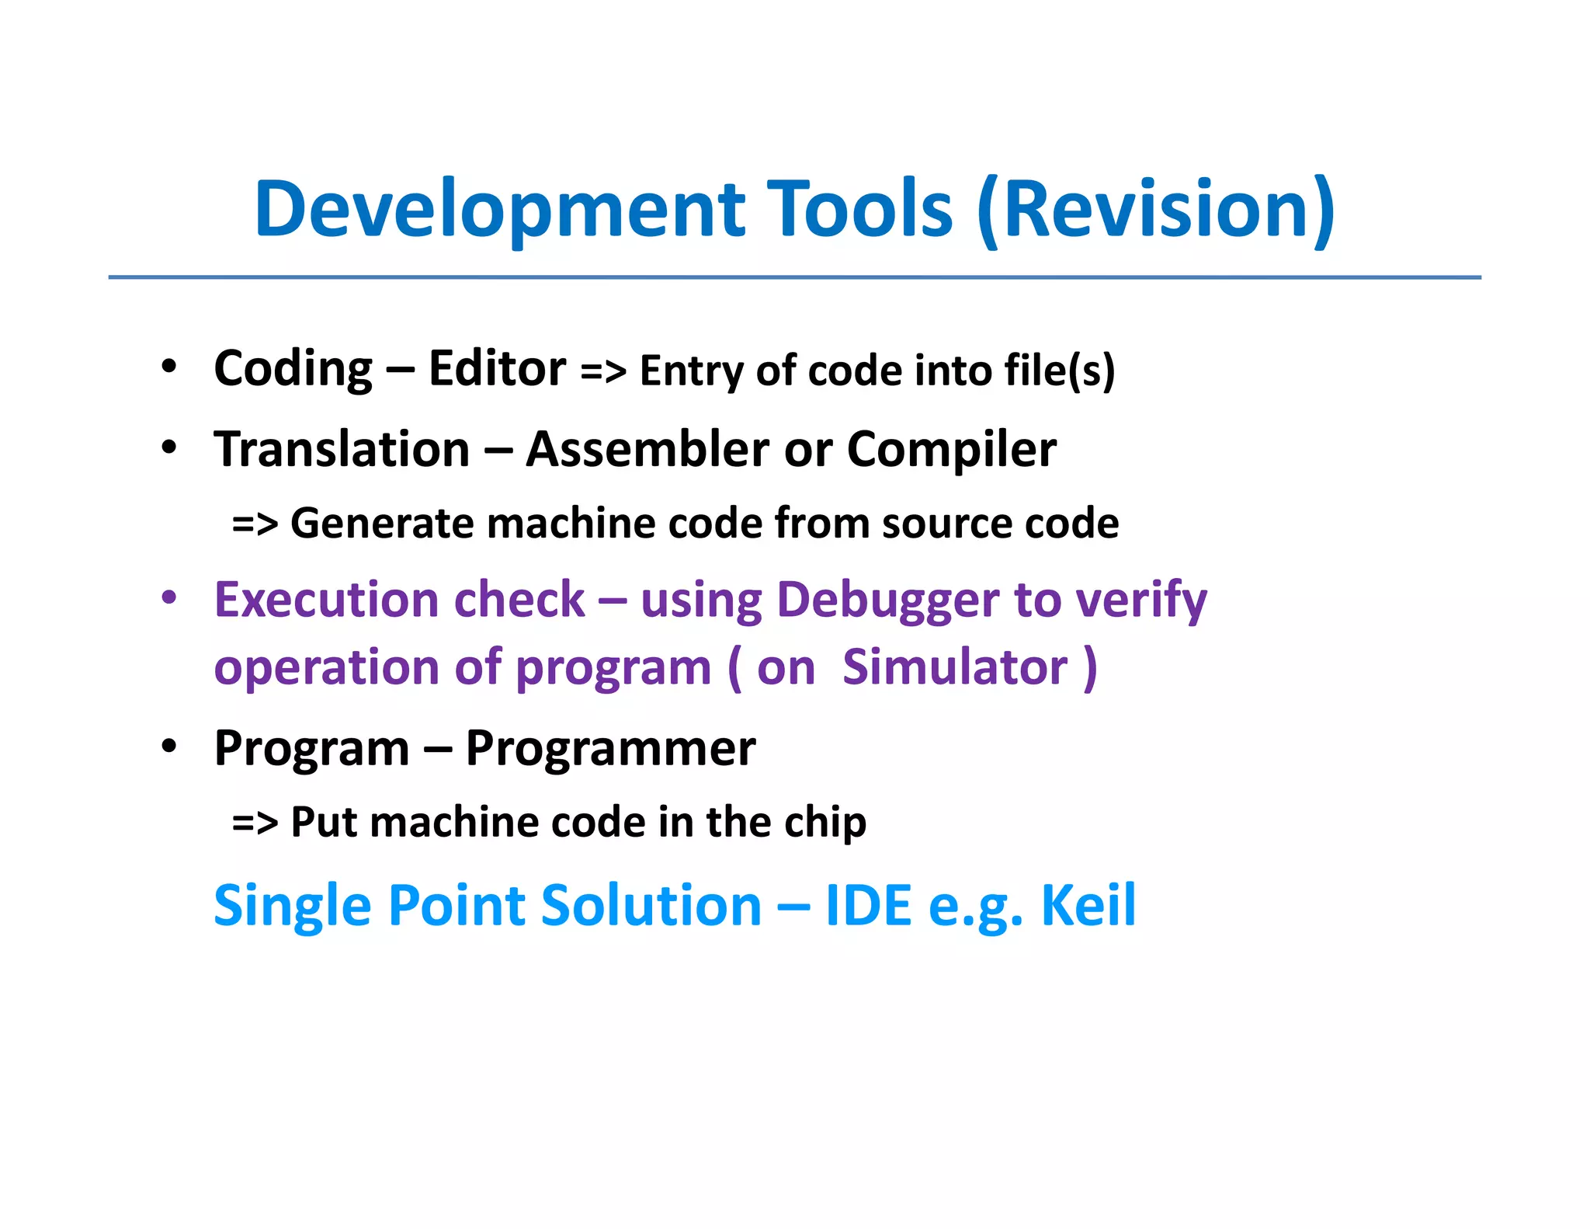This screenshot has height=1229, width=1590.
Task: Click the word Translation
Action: pyautogui.click(x=342, y=449)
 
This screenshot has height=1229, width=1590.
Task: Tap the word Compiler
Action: pyautogui.click(x=951, y=451)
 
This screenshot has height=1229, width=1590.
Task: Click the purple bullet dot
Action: pyautogui.click(x=169, y=599)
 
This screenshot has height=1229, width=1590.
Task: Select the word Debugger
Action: pyautogui.click(x=888, y=601)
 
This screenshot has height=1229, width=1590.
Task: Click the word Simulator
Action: pyautogui.click(x=955, y=667)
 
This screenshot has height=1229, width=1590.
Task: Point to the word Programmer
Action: pyautogui.click(x=610, y=749)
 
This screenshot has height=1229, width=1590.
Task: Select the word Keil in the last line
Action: pyautogui.click(x=1088, y=906)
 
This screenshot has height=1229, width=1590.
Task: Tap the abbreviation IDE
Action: pyautogui.click(x=868, y=906)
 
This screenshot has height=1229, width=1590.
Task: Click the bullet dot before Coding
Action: pyautogui.click(x=169, y=367)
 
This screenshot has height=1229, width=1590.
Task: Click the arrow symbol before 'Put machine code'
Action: pyautogui.click(x=255, y=823)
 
